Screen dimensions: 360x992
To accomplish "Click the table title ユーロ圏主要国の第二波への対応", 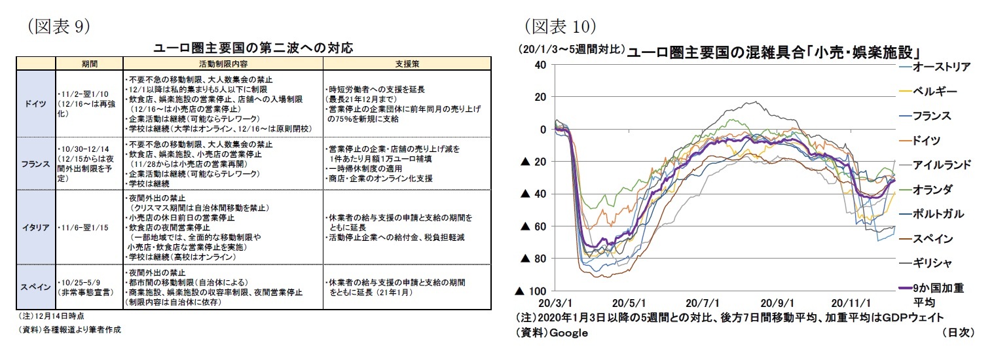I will click(253, 48).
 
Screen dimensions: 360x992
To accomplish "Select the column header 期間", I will click(90, 63).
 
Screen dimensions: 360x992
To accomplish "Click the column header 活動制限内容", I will click(223, 63).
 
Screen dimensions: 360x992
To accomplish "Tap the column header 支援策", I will click(407, 63).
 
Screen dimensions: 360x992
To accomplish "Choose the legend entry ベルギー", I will click(935, 91).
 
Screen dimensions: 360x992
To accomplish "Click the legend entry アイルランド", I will click(940, 164).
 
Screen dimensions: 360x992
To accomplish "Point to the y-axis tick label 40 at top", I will click(540, 64).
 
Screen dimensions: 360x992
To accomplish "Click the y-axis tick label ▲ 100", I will click(532, 291).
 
